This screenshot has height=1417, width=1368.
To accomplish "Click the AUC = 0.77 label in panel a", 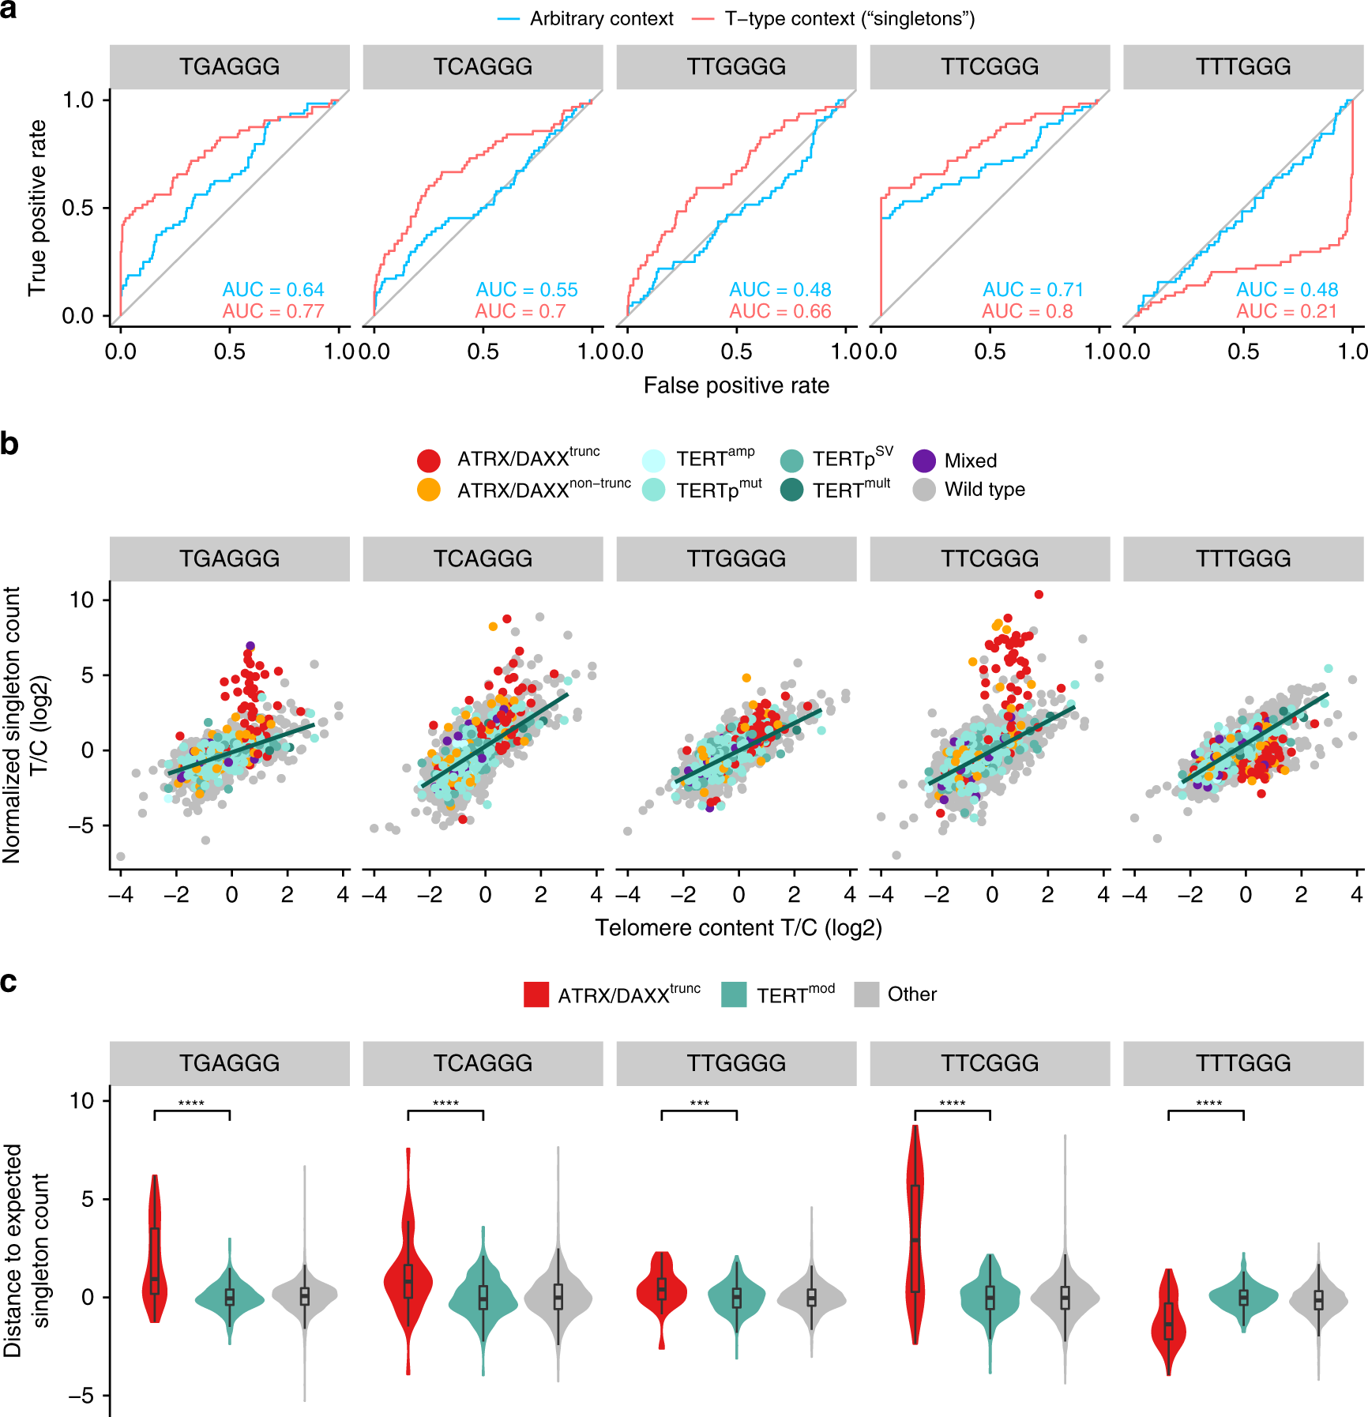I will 273,311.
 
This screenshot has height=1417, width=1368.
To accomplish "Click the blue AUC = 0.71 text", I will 1033,290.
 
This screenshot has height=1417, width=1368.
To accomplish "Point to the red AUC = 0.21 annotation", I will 1287,311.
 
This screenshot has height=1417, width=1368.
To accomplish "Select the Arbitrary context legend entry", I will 600,19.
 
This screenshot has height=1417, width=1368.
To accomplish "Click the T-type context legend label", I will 849,19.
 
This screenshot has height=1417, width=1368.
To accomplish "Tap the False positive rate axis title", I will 736,385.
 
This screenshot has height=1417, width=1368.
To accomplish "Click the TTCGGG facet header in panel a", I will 990,66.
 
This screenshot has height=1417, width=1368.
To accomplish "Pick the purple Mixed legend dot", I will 924,460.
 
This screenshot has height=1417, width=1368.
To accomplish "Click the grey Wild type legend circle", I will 924,490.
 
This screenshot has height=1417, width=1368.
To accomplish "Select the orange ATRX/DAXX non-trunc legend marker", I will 428,490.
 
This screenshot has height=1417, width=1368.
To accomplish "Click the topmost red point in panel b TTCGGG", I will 1039,594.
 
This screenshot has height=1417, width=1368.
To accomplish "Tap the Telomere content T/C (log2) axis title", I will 738,927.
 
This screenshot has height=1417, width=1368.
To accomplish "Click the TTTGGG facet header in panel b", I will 1243,558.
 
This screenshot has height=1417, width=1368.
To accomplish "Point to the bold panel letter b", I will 9,444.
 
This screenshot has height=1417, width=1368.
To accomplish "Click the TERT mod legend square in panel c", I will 735,994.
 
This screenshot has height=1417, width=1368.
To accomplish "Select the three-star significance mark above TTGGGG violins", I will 700,1103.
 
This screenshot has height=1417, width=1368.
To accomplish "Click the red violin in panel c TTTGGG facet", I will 1168,1321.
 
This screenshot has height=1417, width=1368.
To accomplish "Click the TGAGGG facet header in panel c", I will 229,1062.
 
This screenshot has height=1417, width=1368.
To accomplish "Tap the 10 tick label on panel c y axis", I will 82,1100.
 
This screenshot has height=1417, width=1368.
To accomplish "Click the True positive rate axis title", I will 37,209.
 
